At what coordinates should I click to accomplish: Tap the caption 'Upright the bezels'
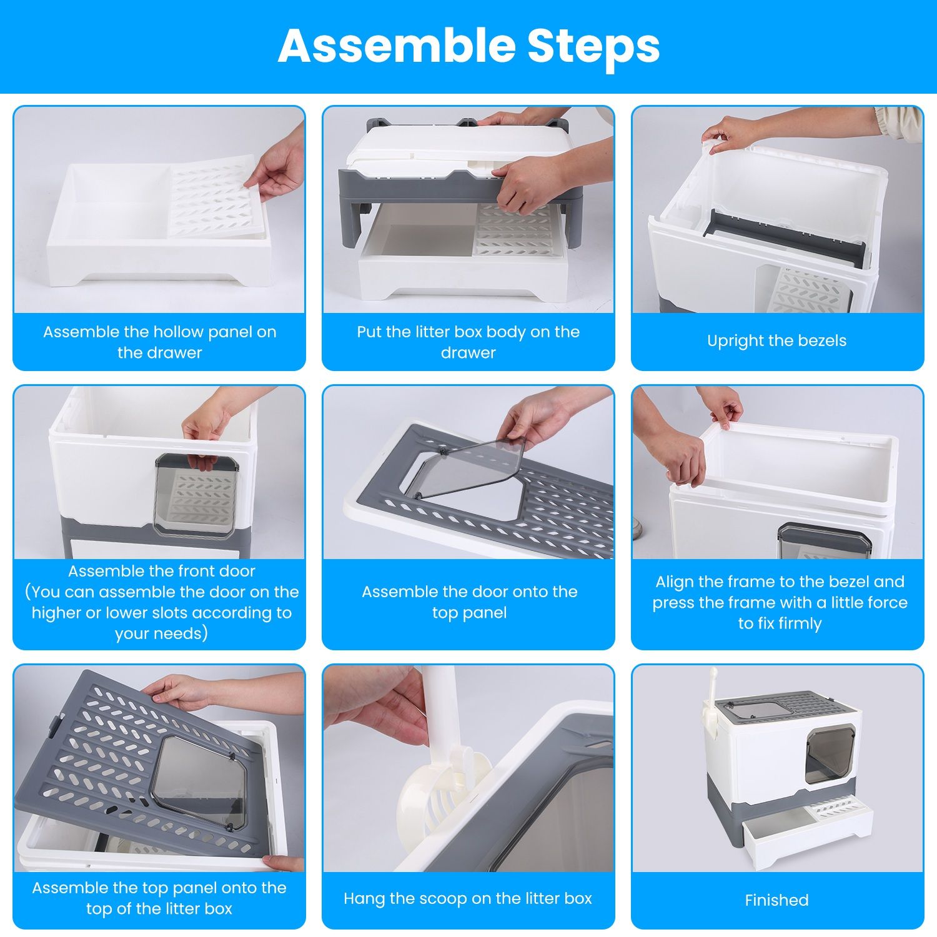[x=776, y=341]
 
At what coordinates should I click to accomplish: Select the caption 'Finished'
[x=776, y=900]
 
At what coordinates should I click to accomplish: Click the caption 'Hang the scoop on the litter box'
[x=468, y=898]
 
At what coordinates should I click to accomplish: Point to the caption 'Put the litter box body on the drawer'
[x=468, y=342]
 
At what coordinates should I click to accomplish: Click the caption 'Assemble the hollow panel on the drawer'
[x=159, y=342]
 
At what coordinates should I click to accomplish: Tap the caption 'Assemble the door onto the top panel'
[x=469, y=602]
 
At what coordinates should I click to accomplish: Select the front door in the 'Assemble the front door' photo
[x=197, y=497]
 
